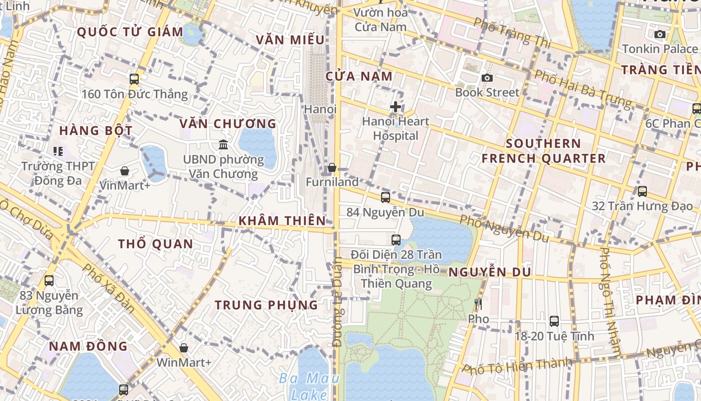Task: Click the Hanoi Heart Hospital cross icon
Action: pyautogui.click(x=396, y=107)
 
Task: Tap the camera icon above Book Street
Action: pyautogui.click(x=487, y=78)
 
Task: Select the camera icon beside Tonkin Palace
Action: pyautogui.click(x=660, y=35)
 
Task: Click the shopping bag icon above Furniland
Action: pyautogui.click(x=331, y=167)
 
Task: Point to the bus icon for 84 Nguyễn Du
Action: pyautogui.click(x=385, y=197)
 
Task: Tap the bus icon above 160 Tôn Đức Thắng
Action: pyautogui.click(x=134, y=79)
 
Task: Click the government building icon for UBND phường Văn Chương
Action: pyautogui.click(x=223, y=145)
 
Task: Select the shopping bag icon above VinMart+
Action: pyautogui.click(x=125, y=171)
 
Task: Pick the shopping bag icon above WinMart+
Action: pyautogui.click(x=184, y=347)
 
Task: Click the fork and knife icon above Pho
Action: pyautogui.click(x=478, y=304)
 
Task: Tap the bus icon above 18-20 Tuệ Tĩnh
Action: pyautogui.click(x=554, y=321)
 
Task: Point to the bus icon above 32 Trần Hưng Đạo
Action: pyautogui.click(x=642, y=191)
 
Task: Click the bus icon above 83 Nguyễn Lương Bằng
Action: pyautogui.click(x=49, y=281)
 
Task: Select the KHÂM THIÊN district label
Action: pyautogui.click(x=282, y=221)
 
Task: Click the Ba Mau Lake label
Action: pyautogui.click(x=309, y=386)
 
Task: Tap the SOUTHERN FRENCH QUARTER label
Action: pyautogui.click(x=543, y=151)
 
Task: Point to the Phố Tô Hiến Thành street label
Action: pyautogui.click(x=517, y=366)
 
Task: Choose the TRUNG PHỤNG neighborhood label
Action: pyautogui.click(x=266, y=305)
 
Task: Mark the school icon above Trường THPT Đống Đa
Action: pyautogui.click(x=58, y=151)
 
